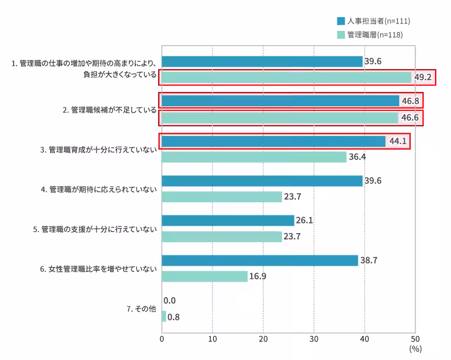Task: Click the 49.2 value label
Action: pyautogui.click(x=423, y=77)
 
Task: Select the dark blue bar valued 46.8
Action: pyautogui.click(x=280, y=101)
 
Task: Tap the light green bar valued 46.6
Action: pyautogui.click(x=280, y=118)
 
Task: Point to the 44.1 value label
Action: pyautogui.click(x=398, y=141)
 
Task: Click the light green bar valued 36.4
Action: pyautogui.click(x=254, y=157)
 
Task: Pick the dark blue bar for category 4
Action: pyautogui.click(x=262, y=181)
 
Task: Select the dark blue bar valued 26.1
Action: pyautogui.click(x=228, y=221)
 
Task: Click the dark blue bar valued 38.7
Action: pyautogui.click(x=260, y=261)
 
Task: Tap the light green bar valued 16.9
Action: pyautogui.click(x=204, y=277)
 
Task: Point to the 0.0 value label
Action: pyautogui.click(x=170, y=301)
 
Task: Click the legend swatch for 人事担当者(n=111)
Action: pyautogui.click(x=341, y=21)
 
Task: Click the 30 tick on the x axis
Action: pyautogui.click(x=314, y=338)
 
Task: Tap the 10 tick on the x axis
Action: pyautogui.click(x=212, y=338)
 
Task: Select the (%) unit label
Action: pyautogui.click(x=415, y=347)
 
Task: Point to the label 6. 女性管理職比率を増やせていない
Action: pyautogui.click(x=98, y=269)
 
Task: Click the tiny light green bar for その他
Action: pyautogui.click(x=164, y=317)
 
